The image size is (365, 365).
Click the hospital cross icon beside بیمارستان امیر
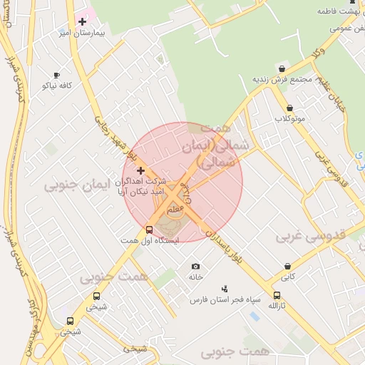[x=82, y=21]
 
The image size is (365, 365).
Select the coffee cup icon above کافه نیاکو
[x=56, y=75]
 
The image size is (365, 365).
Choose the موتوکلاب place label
[x=291, y=118]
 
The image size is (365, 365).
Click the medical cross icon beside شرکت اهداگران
[x=140, y=170]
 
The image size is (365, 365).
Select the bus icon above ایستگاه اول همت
[x=149, y=230]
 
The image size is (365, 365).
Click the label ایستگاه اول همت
[x=150, y=240]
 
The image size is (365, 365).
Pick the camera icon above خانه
[x=196, y=266]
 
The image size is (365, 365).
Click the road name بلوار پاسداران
[x=225, y=246]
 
